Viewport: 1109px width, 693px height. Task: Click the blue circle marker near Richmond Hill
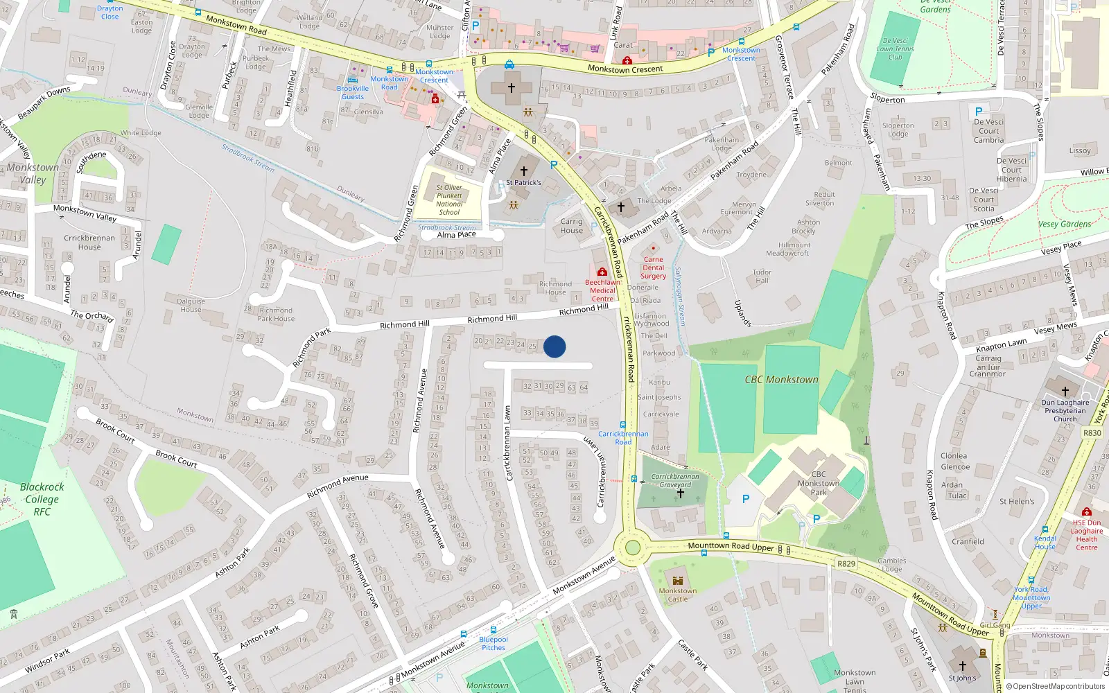554,346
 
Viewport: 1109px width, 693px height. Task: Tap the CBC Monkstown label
781,380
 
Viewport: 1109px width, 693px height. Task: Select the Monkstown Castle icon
678,580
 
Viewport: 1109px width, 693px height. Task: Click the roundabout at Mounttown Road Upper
632,547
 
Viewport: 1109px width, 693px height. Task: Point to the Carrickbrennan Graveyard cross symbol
680,493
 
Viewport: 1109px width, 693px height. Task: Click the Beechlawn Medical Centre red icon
602,272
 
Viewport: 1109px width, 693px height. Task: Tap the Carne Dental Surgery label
653,267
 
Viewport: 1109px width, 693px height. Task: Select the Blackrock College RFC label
42,499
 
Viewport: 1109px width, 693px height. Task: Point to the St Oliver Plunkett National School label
449,200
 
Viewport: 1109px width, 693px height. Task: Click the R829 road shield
846,563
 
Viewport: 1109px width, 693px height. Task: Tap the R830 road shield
1092,433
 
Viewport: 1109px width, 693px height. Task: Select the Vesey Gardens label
1065,224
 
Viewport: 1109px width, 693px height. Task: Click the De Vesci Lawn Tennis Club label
896,49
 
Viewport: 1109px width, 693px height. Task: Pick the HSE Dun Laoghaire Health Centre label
1086,535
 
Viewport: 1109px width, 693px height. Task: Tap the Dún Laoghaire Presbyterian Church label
1065,410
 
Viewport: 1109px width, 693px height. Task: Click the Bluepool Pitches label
494,644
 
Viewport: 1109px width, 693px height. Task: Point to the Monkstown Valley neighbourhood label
33,173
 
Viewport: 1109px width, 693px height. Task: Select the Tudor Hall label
762,276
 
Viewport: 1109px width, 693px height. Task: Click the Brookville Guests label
353,92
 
